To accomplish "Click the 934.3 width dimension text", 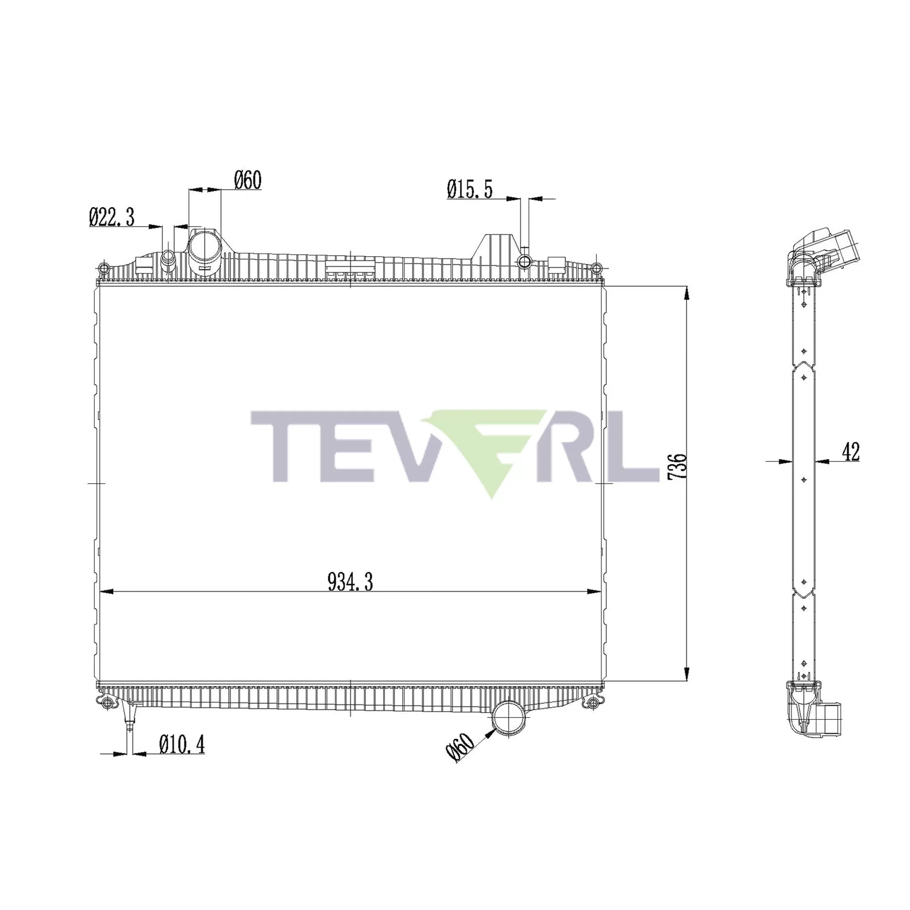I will pos(350,583).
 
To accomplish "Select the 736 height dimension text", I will pos(678,467).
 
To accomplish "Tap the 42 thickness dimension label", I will pos(850,452).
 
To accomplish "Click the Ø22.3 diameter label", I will pos(111,217).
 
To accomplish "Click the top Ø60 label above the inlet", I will pos(248,180).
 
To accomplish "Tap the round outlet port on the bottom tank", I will pos(509,719).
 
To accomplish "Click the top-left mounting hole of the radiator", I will pos(104,269).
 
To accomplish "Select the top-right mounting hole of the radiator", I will pos(597,269).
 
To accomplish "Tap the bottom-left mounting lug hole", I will pos(107,703).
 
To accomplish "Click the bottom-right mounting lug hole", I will pos(593,703).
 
